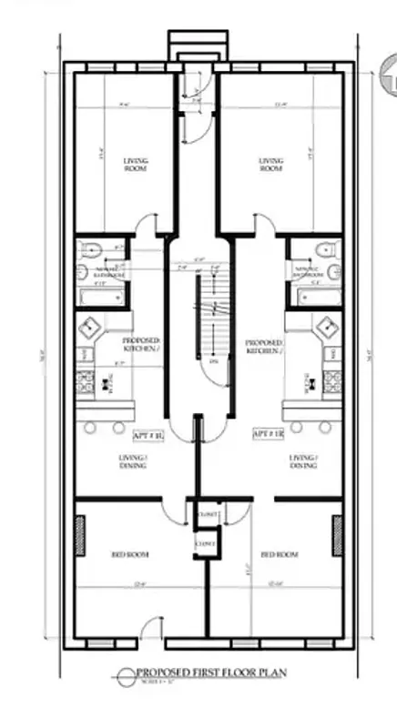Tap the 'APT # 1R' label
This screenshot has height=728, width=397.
(x=265, y=435)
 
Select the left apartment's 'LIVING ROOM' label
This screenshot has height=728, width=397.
(x=135, y=165)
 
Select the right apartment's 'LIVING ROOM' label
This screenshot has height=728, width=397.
(x=271, y=165)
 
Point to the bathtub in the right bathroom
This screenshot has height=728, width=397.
(x=312, y=296)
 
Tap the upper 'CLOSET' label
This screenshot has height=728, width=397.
(x=206, y=516)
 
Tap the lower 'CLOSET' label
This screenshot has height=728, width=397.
(x=206, y=544)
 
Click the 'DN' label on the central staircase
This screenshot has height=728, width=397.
(x=215, y=361)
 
